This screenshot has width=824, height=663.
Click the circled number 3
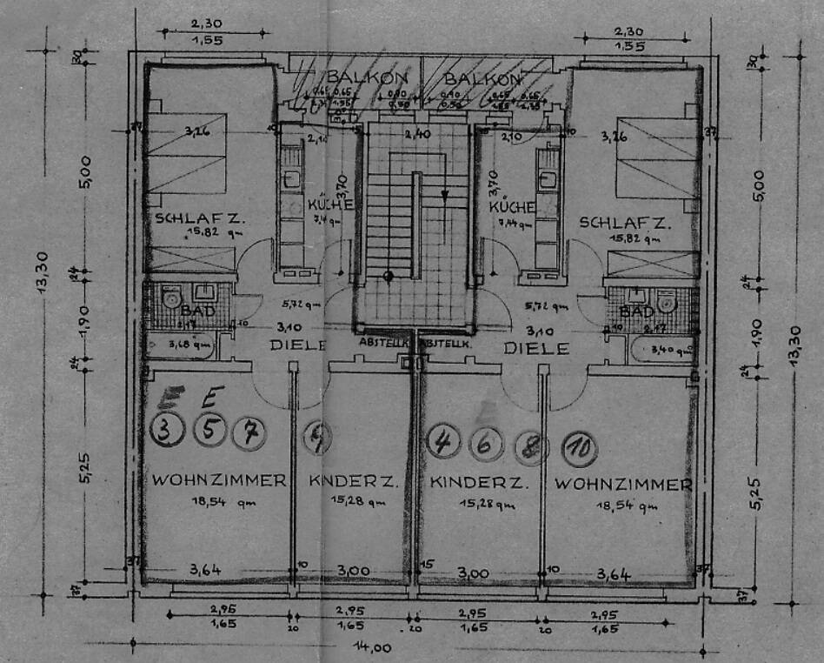[166, 431]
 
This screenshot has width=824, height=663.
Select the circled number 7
[249, 432]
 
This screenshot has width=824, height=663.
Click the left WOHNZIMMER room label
[219, 481]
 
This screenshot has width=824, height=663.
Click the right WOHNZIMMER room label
[623, 484]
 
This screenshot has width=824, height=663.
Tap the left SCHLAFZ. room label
[201, 219]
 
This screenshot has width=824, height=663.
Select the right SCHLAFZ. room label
[625, 222]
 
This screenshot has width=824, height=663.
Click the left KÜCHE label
[330, 205]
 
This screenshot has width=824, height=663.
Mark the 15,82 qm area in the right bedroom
[625, 237]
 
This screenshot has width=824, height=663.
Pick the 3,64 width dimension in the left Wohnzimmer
[207, 570]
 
